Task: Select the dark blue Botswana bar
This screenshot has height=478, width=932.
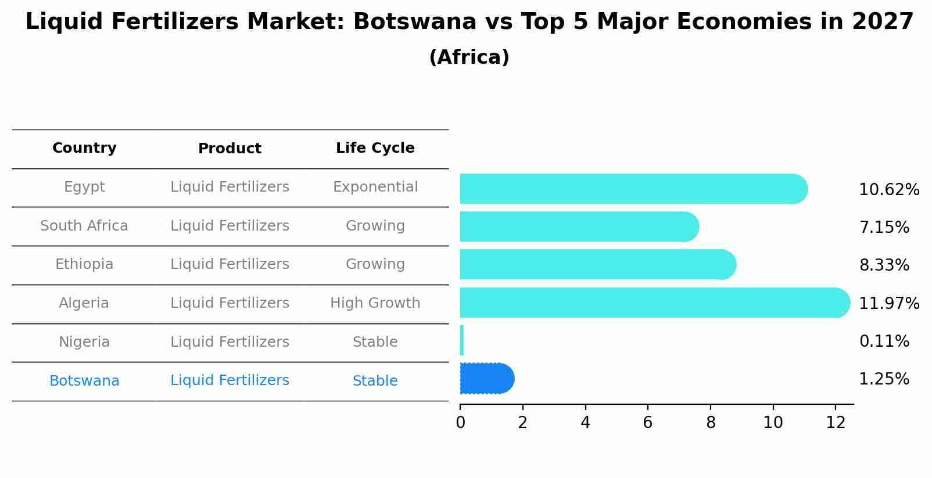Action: coord(487,379)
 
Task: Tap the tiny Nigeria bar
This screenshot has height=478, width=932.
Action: coord(462,340)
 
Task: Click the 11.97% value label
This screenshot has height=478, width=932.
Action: coord(889,303)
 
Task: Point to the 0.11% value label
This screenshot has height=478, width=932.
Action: coord(884,342)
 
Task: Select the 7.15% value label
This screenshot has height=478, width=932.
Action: coord(884,227)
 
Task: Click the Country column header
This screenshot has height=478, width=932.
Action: coord(84,148)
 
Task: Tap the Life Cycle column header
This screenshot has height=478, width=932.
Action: coord(375,148)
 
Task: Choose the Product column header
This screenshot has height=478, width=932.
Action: coord(230,149)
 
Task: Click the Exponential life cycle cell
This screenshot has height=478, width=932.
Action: coord(375,187)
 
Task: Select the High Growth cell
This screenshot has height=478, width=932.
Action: coord(375,303)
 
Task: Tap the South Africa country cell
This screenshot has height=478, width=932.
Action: coord(84,226)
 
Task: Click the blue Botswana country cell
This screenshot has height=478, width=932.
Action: coord(84,381)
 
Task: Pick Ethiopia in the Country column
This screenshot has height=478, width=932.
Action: coord(84,264)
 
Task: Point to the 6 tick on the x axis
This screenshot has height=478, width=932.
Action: coord(648,423)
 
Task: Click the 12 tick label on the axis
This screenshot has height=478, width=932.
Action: coord(835,423)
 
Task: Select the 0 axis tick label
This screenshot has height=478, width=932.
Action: coord(460,423)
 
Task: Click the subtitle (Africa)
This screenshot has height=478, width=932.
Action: coord(469,57)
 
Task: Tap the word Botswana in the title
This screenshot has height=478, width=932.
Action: coord(415,22)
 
